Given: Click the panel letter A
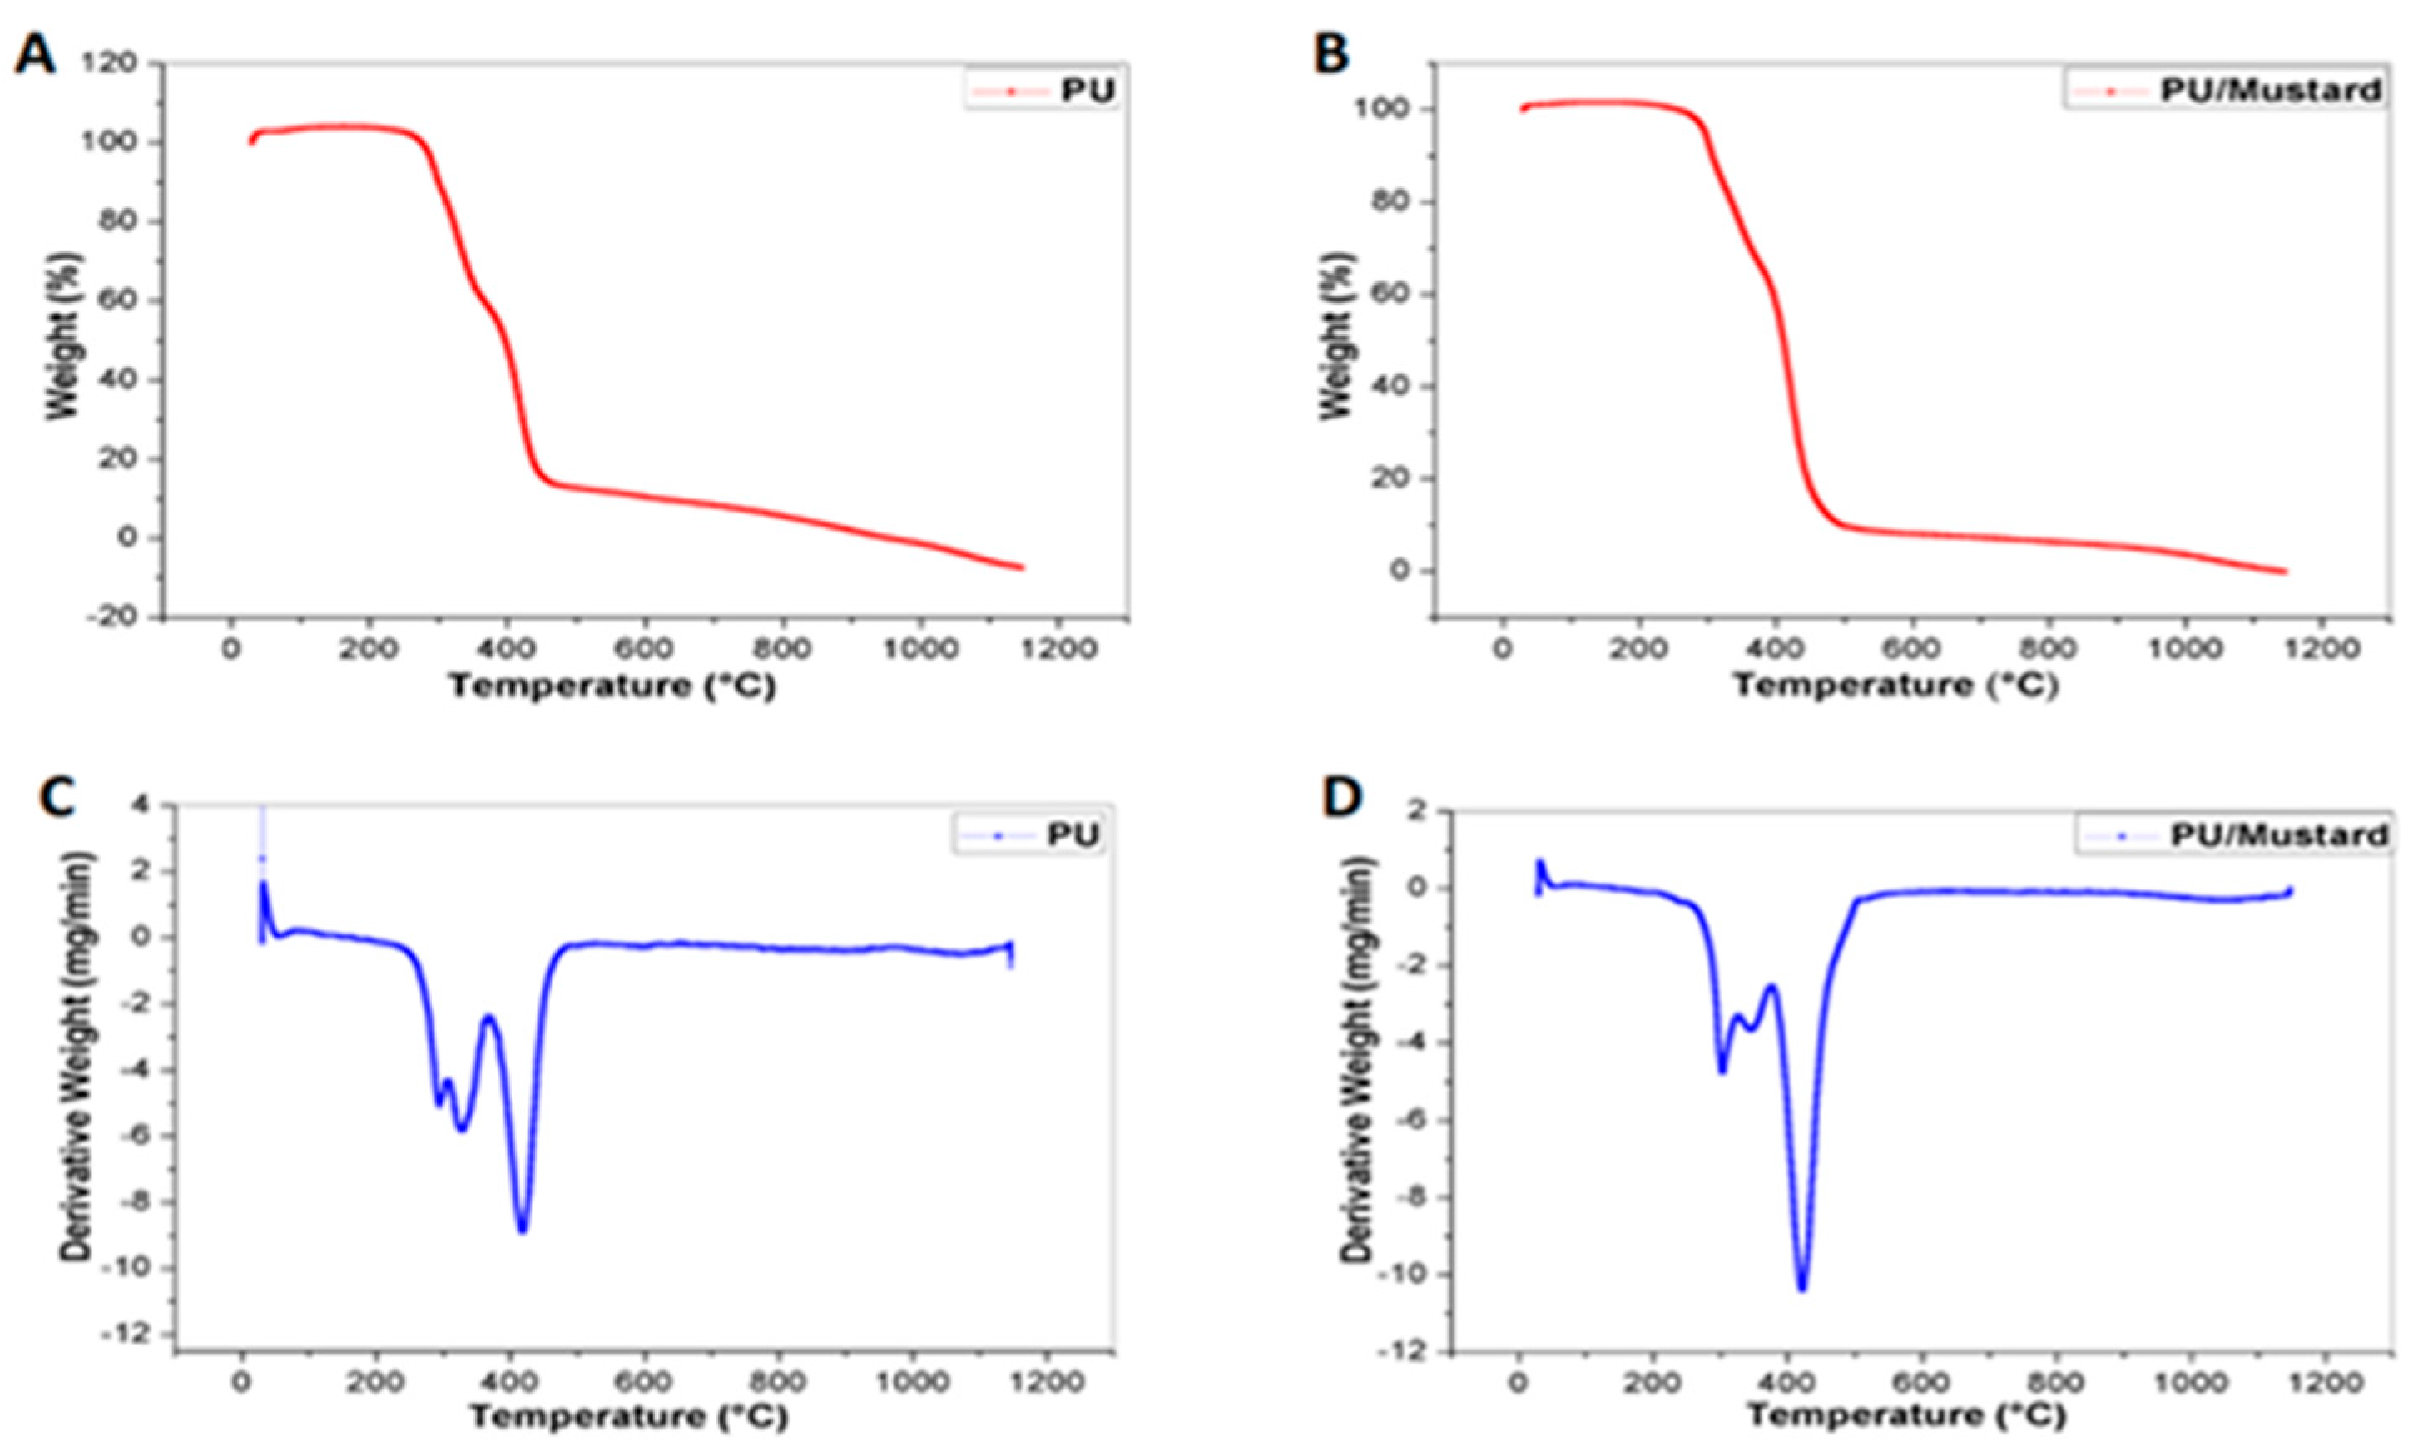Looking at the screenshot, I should pos(34,54).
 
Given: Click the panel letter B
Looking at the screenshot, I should pos(1330,54).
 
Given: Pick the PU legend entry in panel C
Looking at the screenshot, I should pos(1029,835).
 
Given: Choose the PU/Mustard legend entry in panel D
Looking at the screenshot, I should pos(2232,835).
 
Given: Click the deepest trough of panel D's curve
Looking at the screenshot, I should pos(1801,1288).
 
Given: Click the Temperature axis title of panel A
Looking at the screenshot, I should pos(612,686).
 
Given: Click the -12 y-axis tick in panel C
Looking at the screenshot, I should pos(136,1335).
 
